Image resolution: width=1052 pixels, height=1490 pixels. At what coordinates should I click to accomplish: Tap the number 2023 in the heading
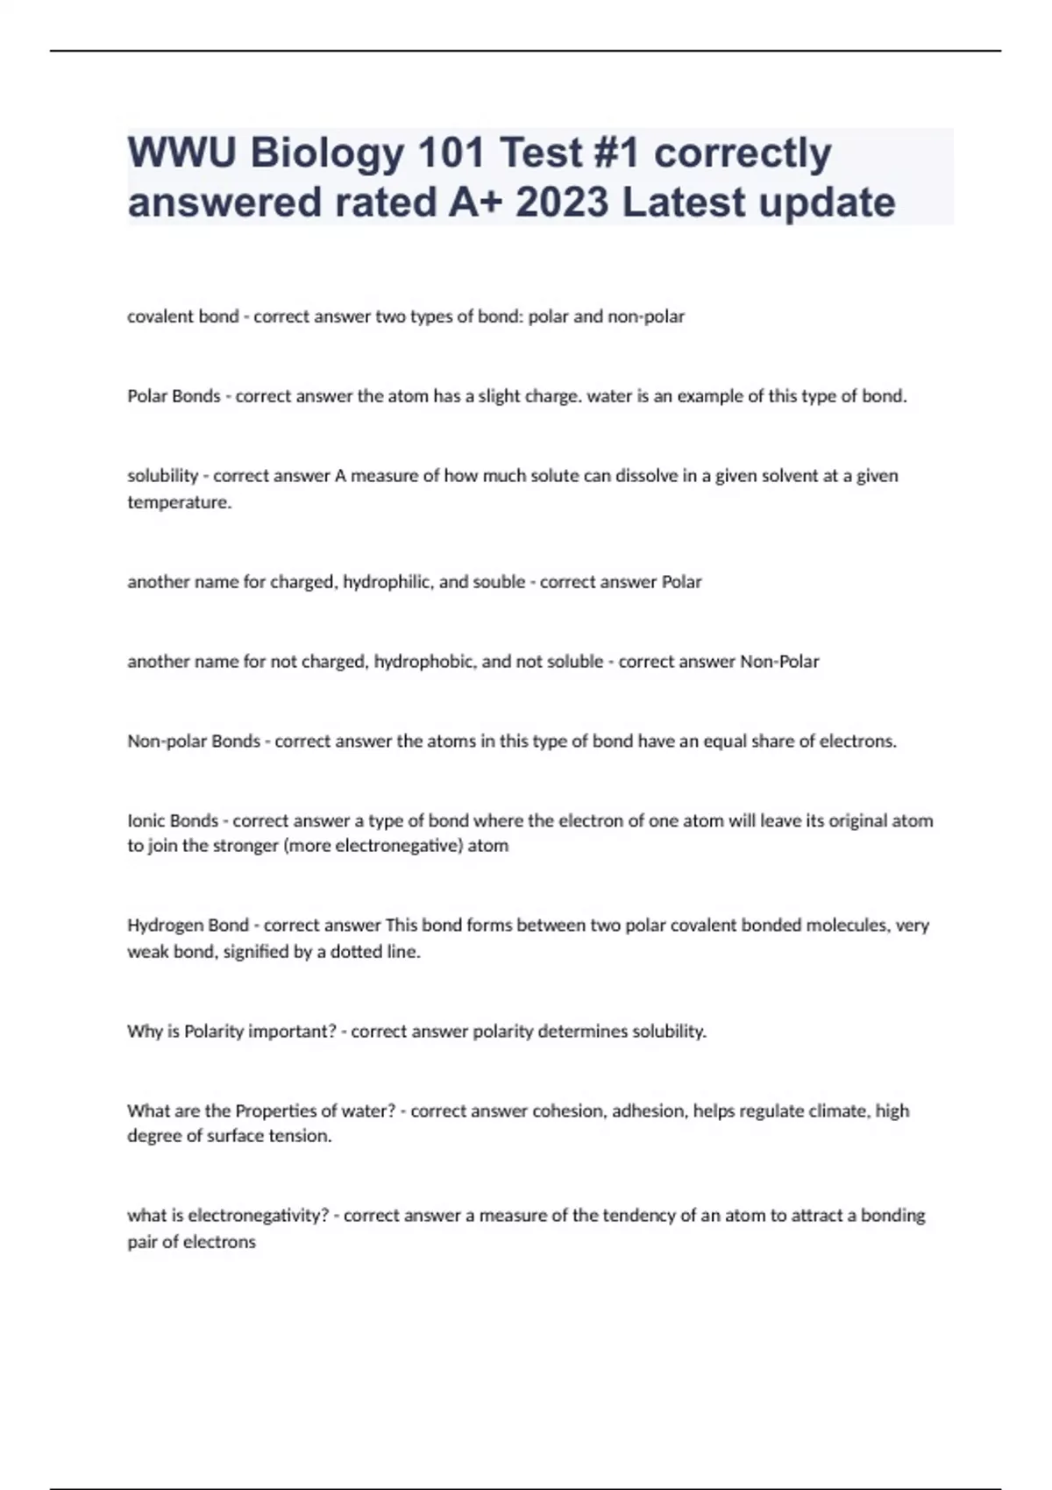[x=562, y=202]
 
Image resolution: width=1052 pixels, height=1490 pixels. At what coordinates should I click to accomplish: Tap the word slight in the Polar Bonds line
[x=500, y=396]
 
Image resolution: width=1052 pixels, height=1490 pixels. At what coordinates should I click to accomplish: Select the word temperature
[x=179, y=502]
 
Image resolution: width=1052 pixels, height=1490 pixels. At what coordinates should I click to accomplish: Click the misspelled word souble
[x=498, y=582]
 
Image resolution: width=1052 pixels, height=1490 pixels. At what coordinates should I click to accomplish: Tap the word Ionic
[x=146, y=821]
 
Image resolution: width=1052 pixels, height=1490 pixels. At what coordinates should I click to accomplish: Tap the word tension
[x=304, y=1136]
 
